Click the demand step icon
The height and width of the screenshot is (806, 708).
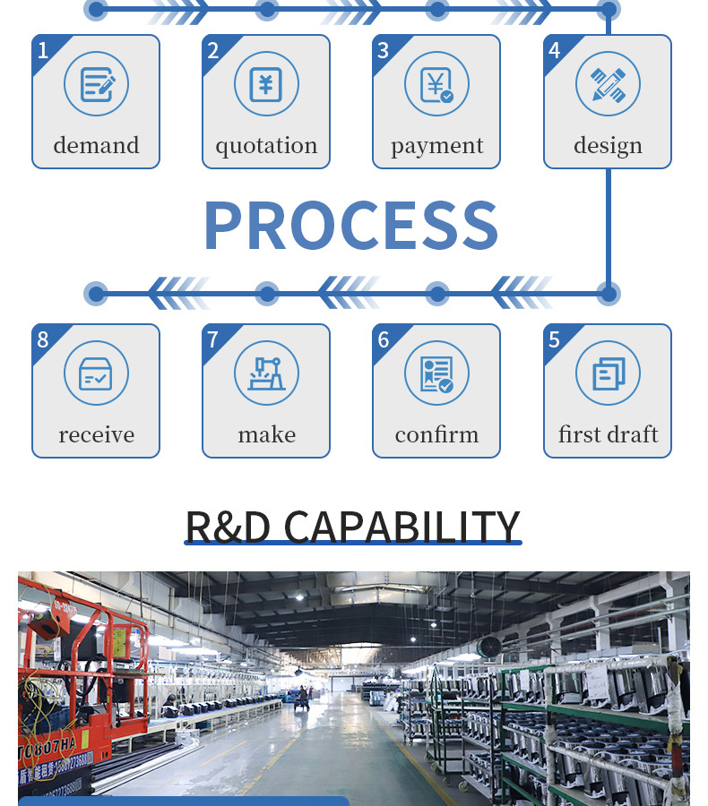96,84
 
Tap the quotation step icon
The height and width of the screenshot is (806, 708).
266,84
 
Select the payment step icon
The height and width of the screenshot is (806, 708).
436,84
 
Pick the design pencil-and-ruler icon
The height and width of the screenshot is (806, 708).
608,84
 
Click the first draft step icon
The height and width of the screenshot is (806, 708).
608,373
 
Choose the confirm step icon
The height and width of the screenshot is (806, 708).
436,373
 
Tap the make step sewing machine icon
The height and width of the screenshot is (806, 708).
266,373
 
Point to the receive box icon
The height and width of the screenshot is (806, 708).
96,373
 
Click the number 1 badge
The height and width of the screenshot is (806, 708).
42,50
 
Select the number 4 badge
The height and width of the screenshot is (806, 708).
554,50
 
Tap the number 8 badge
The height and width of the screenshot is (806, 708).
42,339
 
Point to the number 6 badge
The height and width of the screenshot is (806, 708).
384,339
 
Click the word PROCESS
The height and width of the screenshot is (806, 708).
350,225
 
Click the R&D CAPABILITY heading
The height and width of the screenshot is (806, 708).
352,527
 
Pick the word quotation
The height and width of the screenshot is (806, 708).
266,146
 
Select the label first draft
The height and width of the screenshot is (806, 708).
608,435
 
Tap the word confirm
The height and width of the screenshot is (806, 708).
436,435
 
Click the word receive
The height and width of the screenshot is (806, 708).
96,435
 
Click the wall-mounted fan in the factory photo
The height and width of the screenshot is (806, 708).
488,648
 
